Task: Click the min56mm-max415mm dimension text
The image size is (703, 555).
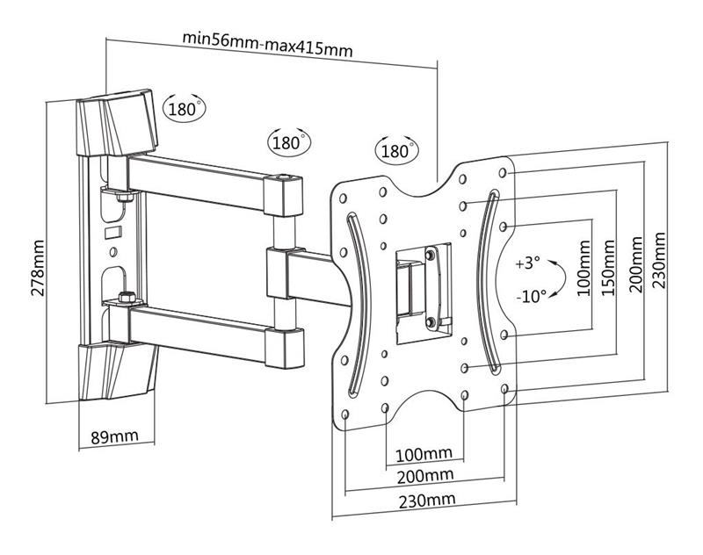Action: click(x=267, y=43)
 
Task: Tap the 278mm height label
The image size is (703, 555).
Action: click(x=38, y=268)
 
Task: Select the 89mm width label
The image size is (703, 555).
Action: click(x=115, y=436)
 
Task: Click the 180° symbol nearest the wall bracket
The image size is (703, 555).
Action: click(x=185, y=108)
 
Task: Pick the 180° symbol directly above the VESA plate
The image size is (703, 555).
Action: click(x=396, y=150)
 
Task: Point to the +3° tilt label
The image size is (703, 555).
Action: click(x=528, y=263)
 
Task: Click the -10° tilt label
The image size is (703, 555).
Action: click(x=532, y=296)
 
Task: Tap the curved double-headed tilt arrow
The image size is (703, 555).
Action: click(x=560, y=277)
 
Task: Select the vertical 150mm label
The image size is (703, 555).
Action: click(x=608, y=268)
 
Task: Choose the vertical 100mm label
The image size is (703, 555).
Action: click(x=583, y=268)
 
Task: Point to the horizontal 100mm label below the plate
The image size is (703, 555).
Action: click(x=424, y=454)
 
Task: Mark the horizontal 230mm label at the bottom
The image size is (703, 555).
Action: click(x=427, y=501)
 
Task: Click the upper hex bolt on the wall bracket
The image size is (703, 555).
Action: click(x=124, y=197)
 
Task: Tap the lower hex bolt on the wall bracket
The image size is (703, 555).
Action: click(x=127, y=298)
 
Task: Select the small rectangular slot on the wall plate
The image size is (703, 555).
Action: click(x=112, y=233)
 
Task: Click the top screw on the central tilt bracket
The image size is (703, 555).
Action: click(x=431, y=255)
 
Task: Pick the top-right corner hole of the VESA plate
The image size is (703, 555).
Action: click(x=503, y=172)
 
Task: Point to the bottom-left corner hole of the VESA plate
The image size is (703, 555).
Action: click(x=345, y=414)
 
